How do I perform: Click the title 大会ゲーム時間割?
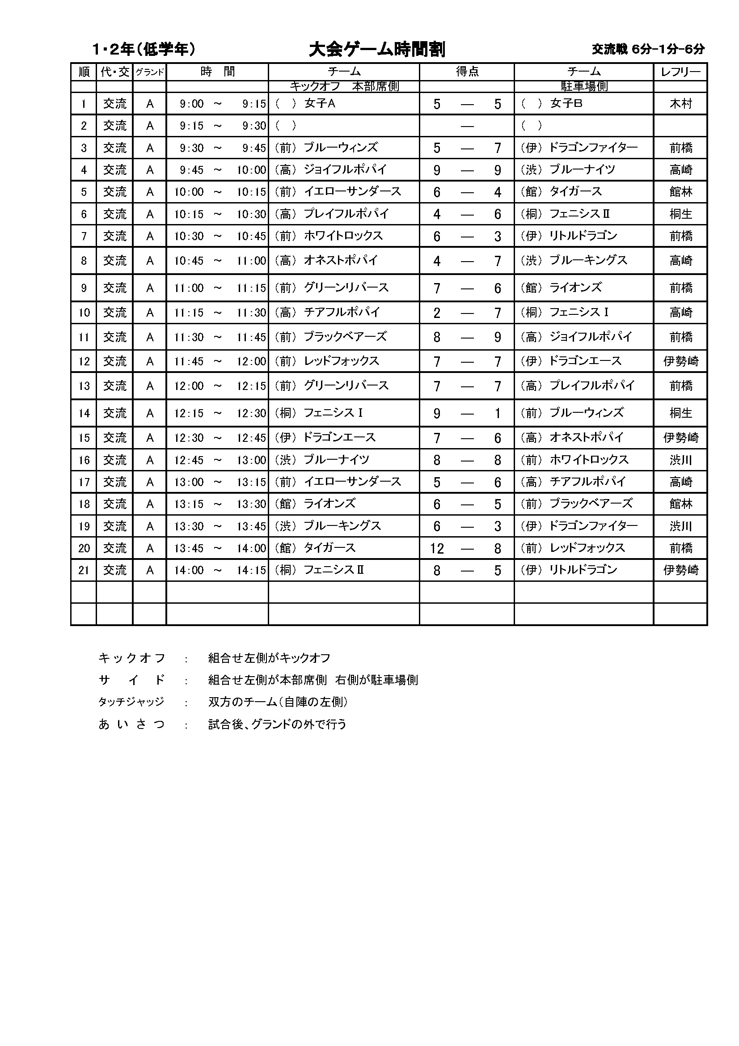(376, 50)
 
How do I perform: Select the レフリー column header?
(680, 72)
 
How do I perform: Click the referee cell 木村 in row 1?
(680, 104)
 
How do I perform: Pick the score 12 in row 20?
(437, 548)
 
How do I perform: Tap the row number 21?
(84, 570)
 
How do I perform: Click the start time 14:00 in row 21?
(189, 570)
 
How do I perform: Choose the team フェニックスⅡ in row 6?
(579, 214)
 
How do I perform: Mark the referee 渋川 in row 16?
(680, 460)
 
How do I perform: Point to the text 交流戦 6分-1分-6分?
(648, 49)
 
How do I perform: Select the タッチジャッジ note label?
(131, 702)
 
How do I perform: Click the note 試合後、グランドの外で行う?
(277, 724)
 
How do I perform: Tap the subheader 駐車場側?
(584, 87)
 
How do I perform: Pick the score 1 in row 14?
(498, 414)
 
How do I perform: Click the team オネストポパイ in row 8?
(341, 261)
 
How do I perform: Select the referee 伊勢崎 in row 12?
(680, 362)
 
